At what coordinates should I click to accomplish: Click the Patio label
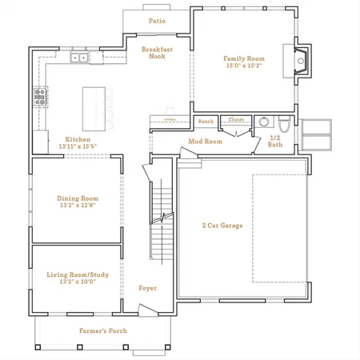pyautogui.click(x=157, y=21)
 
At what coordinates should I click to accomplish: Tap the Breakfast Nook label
pyautogui.click(x=157, y=53)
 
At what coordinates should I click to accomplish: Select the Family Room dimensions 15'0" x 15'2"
pyautogui.click(x=244, y=66)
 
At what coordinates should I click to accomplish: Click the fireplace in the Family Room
pyautogui.click(x=302, y=61)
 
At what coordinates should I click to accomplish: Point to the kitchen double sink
pyautogui.click(x=79, y=58)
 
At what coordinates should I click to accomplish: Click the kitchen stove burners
pyautogui.click(x=40, y=97)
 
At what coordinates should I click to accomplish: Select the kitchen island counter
pyautogui.click(x=94, y=109)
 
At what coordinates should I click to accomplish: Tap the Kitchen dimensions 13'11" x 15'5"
pyautogui.click(x=78, y=146)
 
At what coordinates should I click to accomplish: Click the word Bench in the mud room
pyautogui.click(x=206, y=122)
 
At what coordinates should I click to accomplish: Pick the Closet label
pyautogui.click(x=236, y=119)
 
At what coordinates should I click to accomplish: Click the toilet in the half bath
pyautogui.click(x=284, y=125)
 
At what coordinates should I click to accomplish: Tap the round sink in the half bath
pyautogui.click(x=264, y=122)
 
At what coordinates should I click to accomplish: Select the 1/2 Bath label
pyautogui.click(x=275, y=142)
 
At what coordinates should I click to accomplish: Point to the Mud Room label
pyautogui.click(x=206, y=142)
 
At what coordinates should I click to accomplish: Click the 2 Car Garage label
pyautogui.click(x=222, y=226)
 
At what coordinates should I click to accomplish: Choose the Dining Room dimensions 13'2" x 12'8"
pyautogui.click(x=78, y=206)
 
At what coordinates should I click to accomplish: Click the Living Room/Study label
pyautogui.click(x=78, y=274)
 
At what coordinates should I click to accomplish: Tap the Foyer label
pyautogui.click(x=147, y=288)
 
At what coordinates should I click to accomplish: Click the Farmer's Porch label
pyautogui.click(x=103, y=331)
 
